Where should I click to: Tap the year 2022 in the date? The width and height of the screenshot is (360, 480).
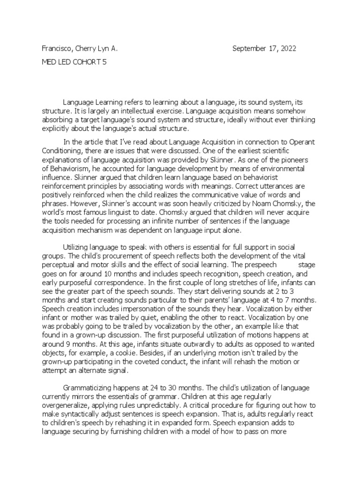pyautogui.click(x=287, y=49)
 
